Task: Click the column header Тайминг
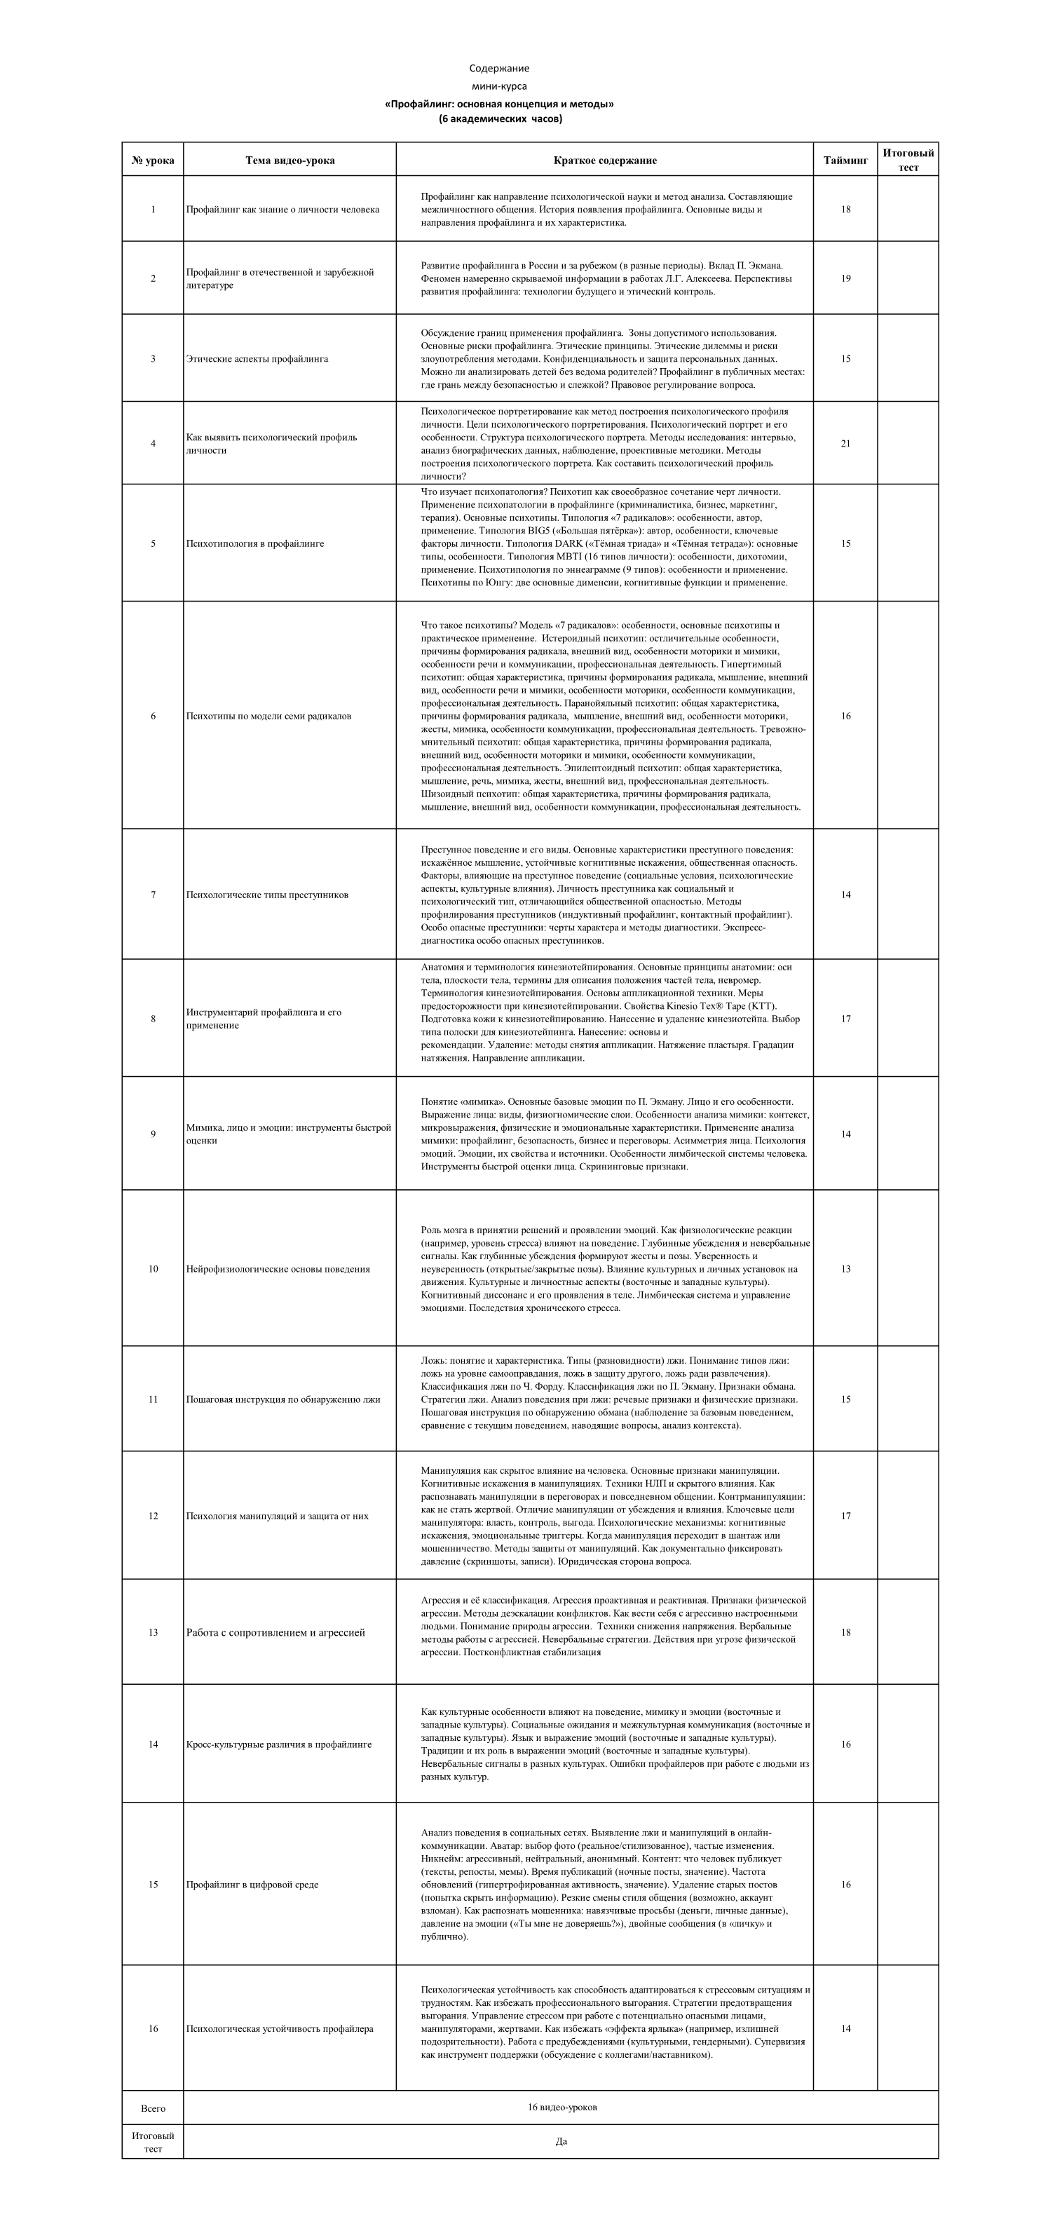pos(845,160)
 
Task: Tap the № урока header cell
pos(153,160)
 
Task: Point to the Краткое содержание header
pos(605,160)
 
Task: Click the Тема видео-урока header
pos(290,160)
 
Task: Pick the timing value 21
pos(845,443)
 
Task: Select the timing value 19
pos(845,278)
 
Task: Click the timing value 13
pos(845,1268)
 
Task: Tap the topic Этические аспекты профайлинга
pos(257,359)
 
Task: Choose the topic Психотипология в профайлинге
pos(255,543)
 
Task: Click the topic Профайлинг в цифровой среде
pos(252,1884)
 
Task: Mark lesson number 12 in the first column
pos(153,1516)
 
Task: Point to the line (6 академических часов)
pos(500,118)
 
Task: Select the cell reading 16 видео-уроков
pos(561,2107)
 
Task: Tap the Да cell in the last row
pos(561,2141)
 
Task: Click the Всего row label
pos(153,2108)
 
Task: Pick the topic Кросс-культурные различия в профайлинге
pos(278,1744)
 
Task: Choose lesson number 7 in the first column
pos(153,895)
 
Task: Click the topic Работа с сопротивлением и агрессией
pos(275,1632)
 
